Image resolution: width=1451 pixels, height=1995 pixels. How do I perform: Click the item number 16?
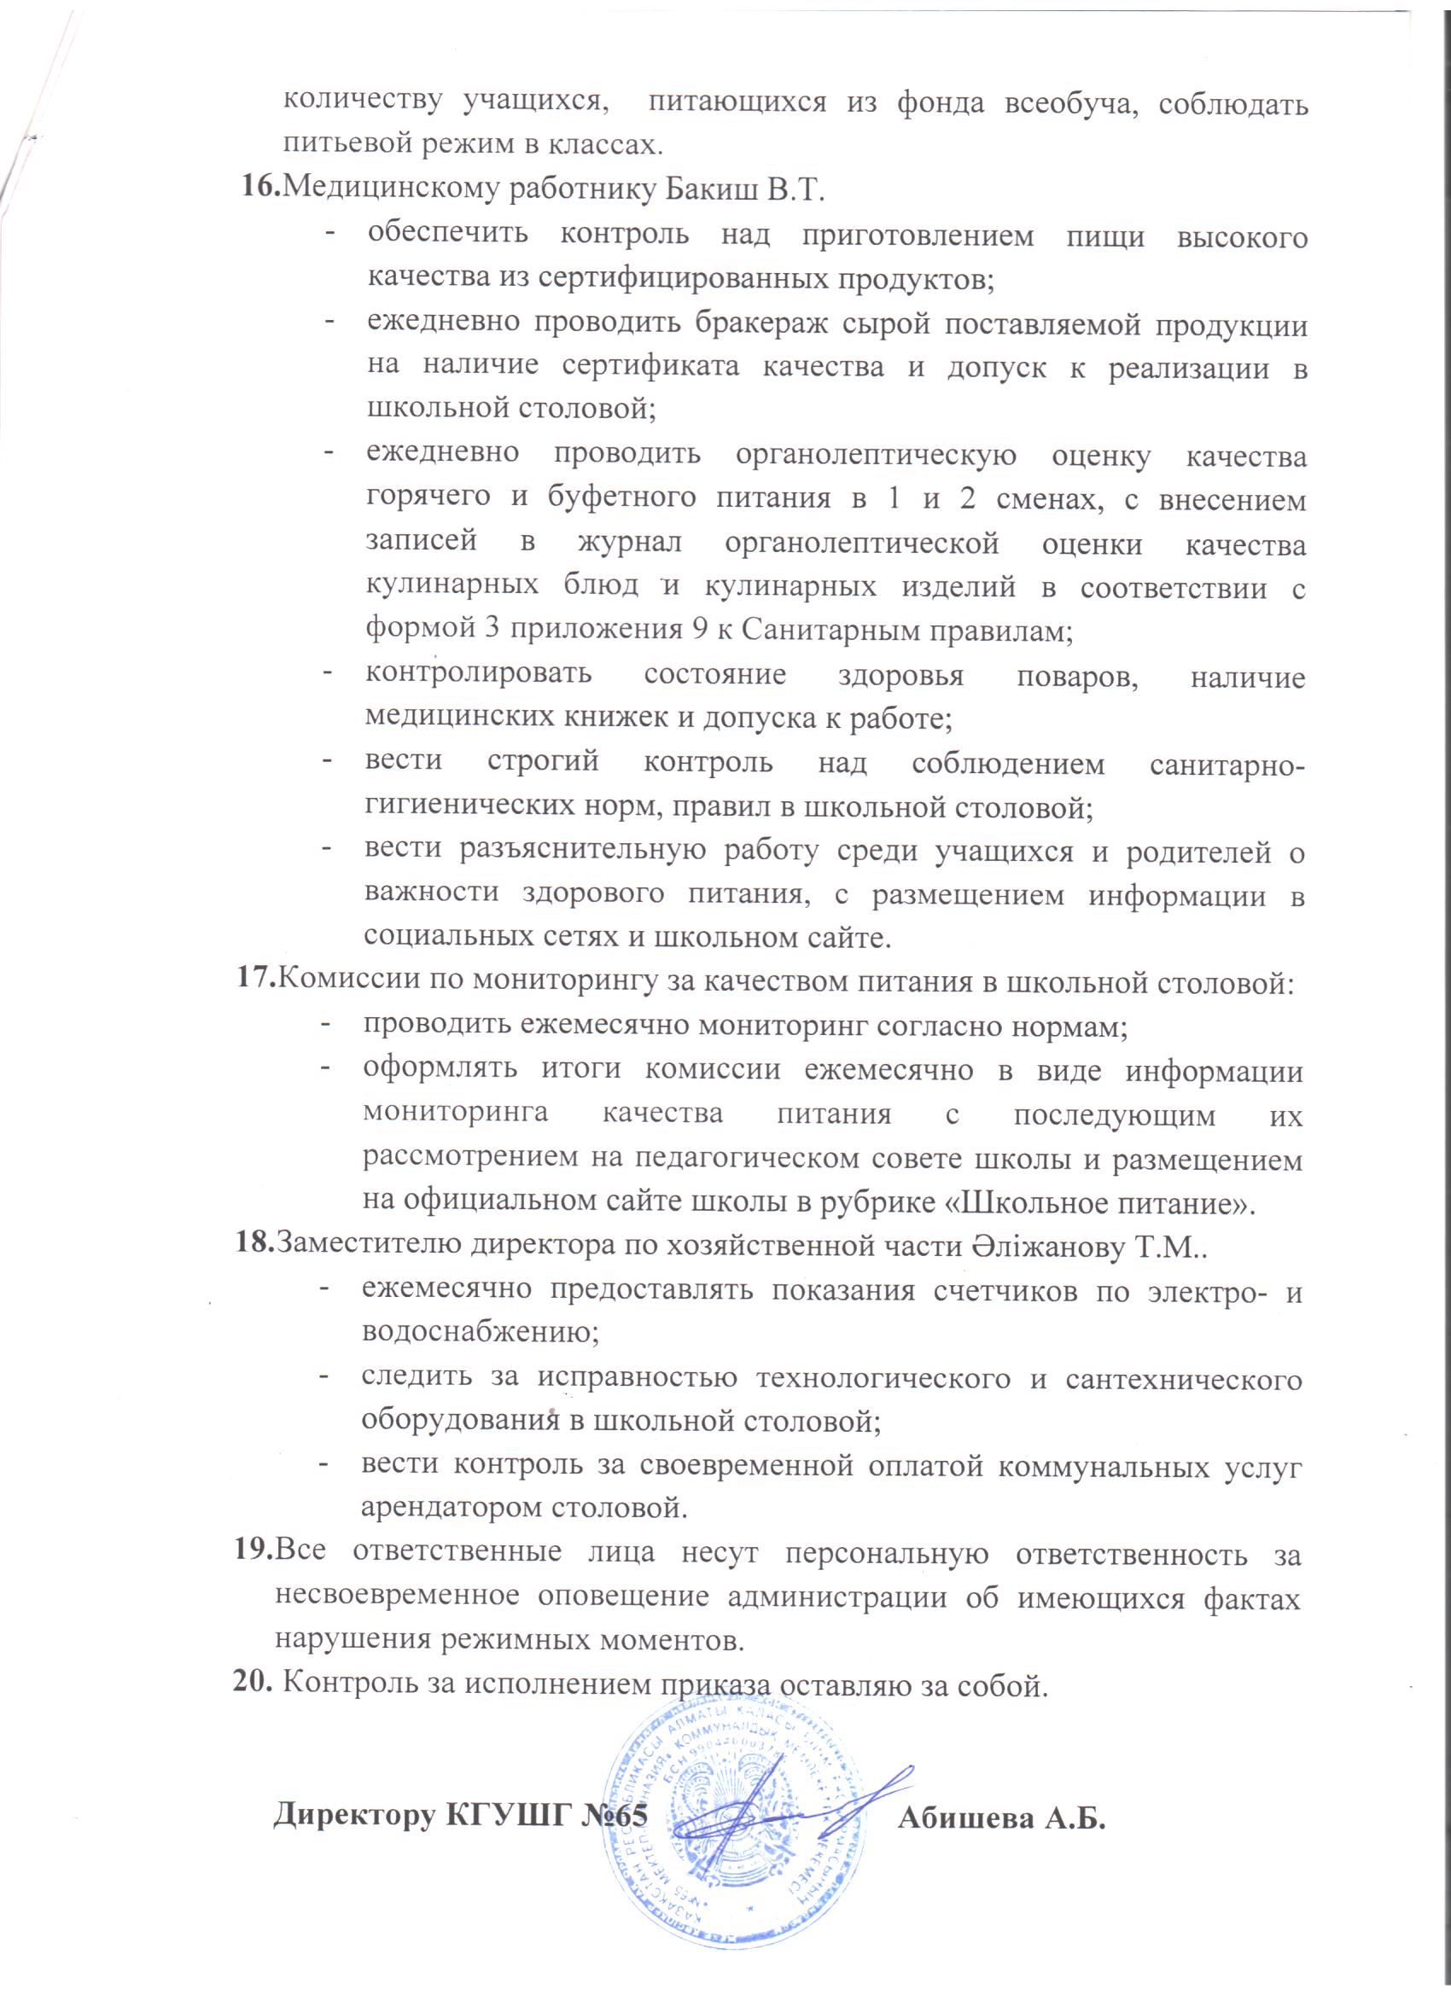260,189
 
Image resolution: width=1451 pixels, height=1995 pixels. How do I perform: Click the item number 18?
253,1247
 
